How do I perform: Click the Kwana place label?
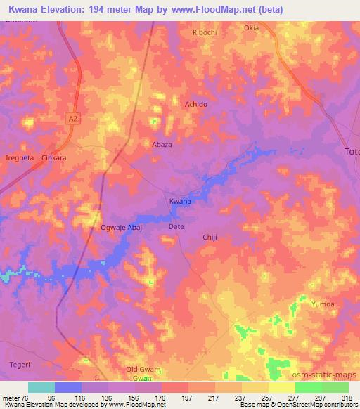coord(180,202)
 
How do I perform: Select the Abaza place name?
coord(162,144)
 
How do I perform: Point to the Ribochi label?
coord(205,32)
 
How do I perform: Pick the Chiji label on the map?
coord(211,238)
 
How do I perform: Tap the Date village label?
coord(176,227)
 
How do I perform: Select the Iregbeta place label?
coord(20,158)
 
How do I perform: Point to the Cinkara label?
coord(54,158)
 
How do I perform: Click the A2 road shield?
coord(73,119)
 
